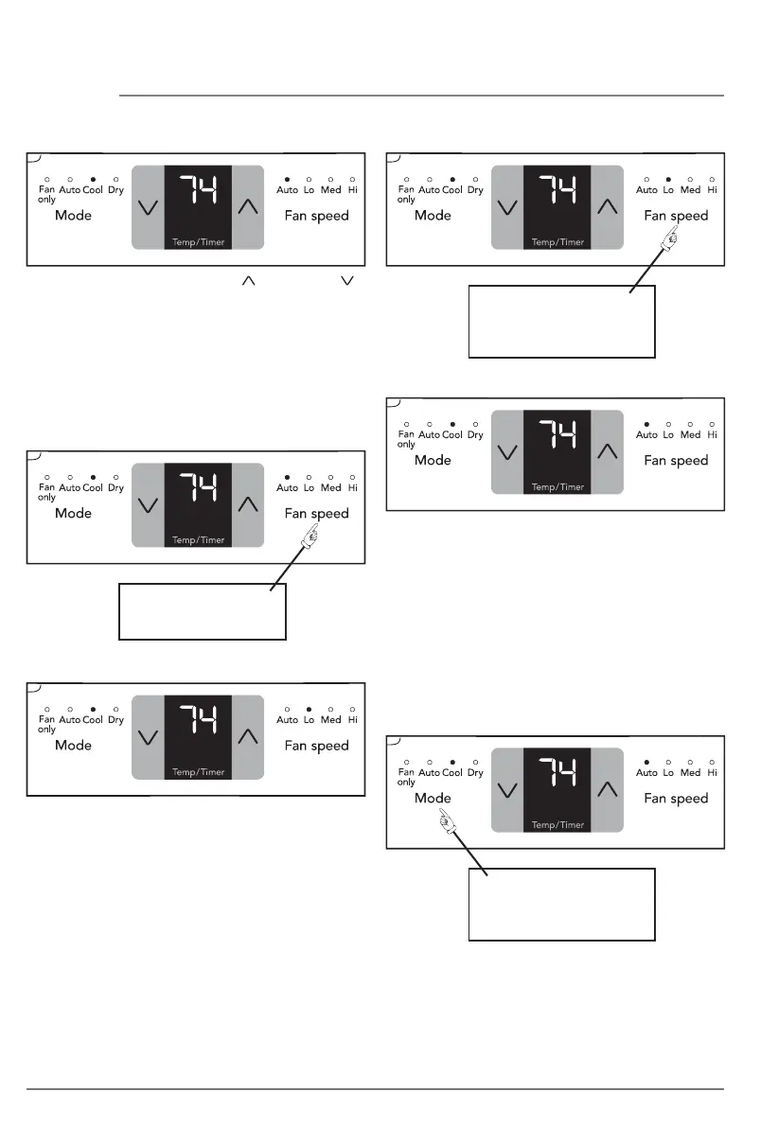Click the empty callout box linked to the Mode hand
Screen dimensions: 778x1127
click(x=561, y=904)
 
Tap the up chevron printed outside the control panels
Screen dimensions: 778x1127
click(x=249, y=281)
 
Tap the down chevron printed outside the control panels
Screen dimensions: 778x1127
click(x=355, y=281)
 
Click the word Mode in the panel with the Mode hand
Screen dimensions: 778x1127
click(x=433, y=798)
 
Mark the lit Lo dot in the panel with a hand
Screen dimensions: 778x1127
click(x=668, y=179)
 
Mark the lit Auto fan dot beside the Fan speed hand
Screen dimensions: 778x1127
click(x=287, y=477)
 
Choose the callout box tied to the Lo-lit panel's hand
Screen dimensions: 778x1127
click(x=561, y=321)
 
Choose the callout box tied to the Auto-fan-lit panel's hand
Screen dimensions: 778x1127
click(x=202, y=611)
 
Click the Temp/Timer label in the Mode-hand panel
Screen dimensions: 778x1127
click(x=557, y=825)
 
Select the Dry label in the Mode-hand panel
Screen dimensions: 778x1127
click(x=475, y=773)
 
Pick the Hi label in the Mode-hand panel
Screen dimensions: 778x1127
click(x=712, y=773)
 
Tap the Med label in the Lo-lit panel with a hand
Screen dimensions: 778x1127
click(x=690, y=190)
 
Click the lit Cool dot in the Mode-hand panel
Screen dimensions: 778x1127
click(x=452, y=762)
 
